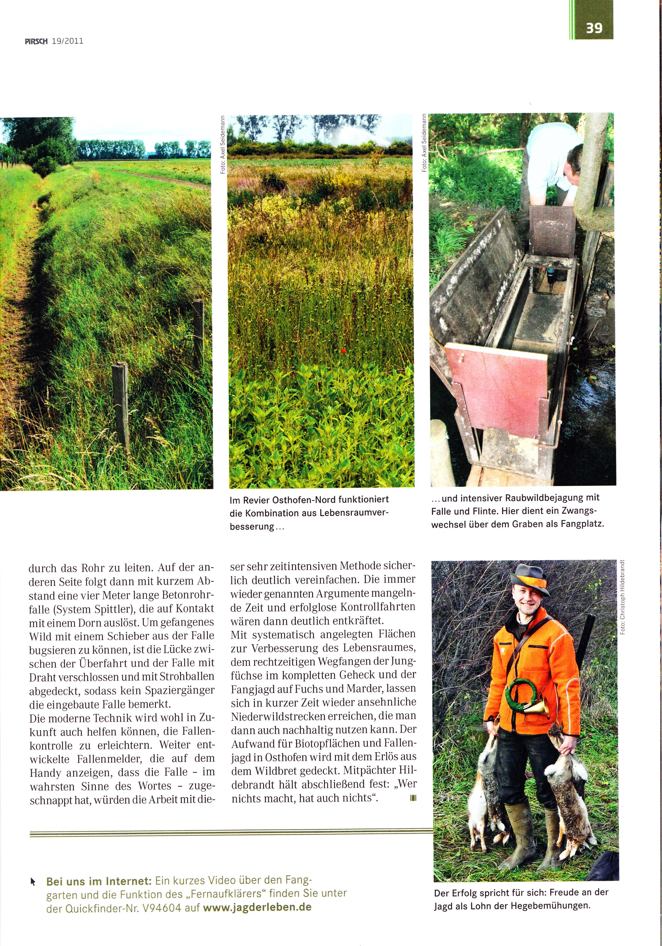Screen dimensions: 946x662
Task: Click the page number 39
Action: point(594,28)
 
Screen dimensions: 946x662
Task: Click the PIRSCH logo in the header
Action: point(36,41)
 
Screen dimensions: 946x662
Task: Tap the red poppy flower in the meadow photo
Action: point(343,351)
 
